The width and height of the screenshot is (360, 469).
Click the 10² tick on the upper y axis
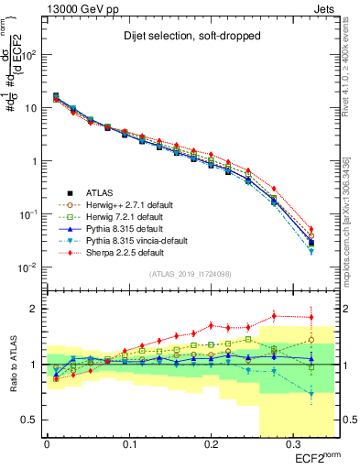click(x=34, y=55)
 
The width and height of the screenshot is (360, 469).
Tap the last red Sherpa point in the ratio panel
click(x=311, y=318)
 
